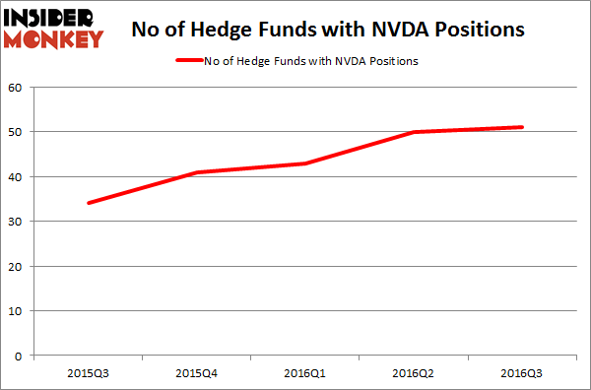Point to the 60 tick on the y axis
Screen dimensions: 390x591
pyautogui.click(x=16, y=88)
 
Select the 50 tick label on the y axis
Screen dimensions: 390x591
pyautogui.click(x=16, y=132)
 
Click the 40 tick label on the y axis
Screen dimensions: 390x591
pyautogui.click(x=16, y=177)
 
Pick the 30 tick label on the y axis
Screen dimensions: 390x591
pyautogui.click(x=16, y=222)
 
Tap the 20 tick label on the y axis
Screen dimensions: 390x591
pyautogui.click(x=16, y=266)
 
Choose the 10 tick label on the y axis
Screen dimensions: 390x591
pyautogui.click(x=16, y=311)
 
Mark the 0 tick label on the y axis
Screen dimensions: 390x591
pyautogui.click(x=20, y=356)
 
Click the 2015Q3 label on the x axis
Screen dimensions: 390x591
pyautogui.click(x=88, y=373)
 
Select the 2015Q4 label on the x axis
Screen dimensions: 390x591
pyautogui.click(x=196, y=373)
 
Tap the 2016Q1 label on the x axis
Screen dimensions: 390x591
pyautogui.click(x=305, y=373)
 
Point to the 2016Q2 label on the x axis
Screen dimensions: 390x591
pyautogui.click(x=414, y=373)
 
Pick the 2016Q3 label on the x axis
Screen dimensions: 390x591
pyautogui.click(x=522, y=373)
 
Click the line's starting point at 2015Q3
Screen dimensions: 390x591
pyautogui.click(x=88, y=203)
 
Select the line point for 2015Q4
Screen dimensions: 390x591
pyautogui.click(x=196, y=172)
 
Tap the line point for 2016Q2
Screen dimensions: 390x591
pyautogui.click(x=414, y=132)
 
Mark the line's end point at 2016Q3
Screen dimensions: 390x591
pyautogui.click(x=522, y=127)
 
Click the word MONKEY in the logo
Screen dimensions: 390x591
pyautogui.click(x=53, y=39)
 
